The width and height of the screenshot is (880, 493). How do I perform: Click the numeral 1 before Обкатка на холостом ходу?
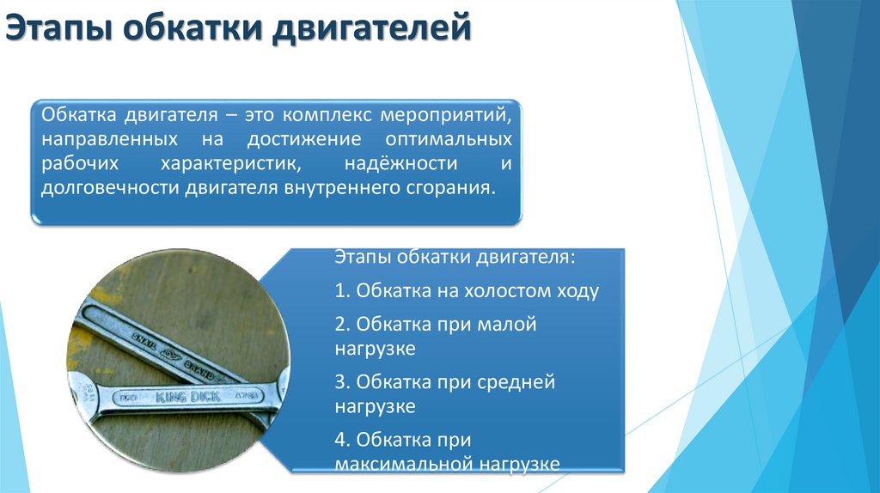click(x=340, y=291)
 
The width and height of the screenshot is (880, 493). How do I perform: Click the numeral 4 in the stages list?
click(x=341, y=440)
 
